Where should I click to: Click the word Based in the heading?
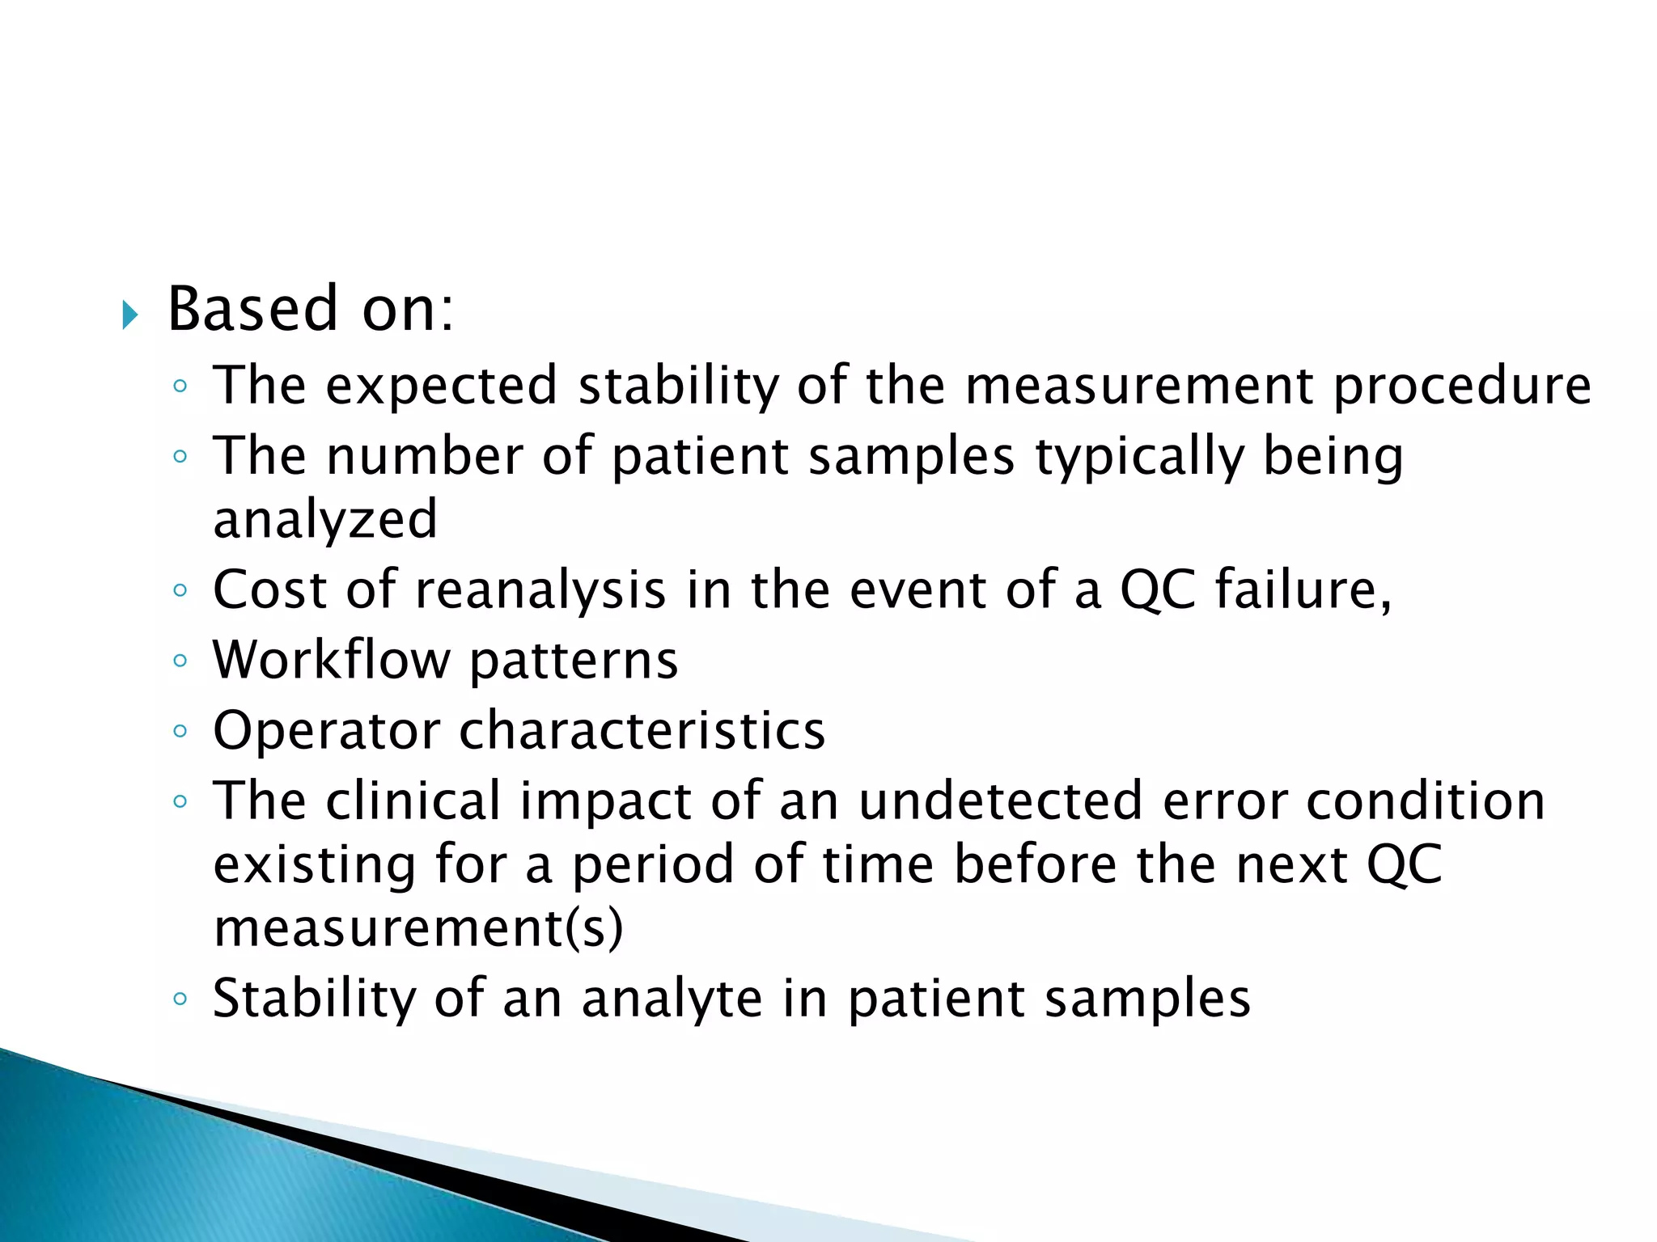click(252, 310)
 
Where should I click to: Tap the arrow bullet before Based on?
click(129, 315)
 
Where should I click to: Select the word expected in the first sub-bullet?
click(441, 387)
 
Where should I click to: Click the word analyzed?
click(325, 519)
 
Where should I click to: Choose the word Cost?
click(269, 589)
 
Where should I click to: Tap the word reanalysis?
click(540, 589)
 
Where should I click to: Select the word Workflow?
click(331, 660)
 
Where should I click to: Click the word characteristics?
click(642, 730)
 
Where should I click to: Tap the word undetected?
click(1001, 801)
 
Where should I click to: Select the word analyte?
click(672, 999)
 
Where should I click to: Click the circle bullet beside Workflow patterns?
click(180, 661)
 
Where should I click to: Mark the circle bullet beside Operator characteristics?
click(180, 732)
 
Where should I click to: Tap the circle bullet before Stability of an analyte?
click(180, 999)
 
